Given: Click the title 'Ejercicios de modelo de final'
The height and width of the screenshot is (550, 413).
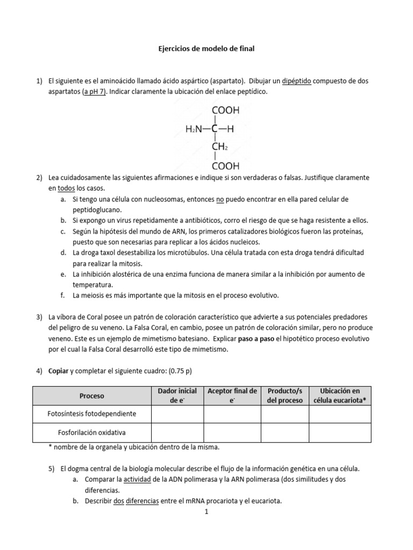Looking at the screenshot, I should [206, 49].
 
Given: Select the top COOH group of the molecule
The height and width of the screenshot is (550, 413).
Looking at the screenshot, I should [226, 111].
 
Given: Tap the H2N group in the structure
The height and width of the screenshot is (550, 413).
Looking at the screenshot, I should [195, 129].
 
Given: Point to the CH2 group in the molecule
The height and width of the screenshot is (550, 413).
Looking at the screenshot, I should [220, 147].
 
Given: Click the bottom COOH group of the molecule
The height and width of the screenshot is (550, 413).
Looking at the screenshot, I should [226, 166].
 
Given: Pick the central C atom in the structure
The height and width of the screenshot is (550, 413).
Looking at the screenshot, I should [215, 129].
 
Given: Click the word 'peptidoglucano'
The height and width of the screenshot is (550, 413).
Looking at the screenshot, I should [98, 210].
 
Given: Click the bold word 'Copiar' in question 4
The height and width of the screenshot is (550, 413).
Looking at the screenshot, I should [59, 371].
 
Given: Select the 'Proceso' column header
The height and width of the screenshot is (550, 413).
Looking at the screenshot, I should [92, 396].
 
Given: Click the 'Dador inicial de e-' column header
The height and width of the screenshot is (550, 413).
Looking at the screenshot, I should [177, 396].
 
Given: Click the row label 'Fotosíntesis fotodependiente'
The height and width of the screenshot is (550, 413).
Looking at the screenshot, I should [92, 414].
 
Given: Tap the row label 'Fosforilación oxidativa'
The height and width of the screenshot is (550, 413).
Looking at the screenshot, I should [92, 432].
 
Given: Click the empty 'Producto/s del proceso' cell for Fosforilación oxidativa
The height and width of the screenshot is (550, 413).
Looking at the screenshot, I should [285, 432].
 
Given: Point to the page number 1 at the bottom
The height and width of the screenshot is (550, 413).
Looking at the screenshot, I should [206, 512].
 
